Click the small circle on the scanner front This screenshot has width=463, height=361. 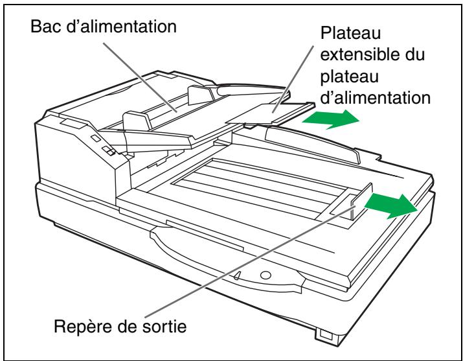(265, 274)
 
